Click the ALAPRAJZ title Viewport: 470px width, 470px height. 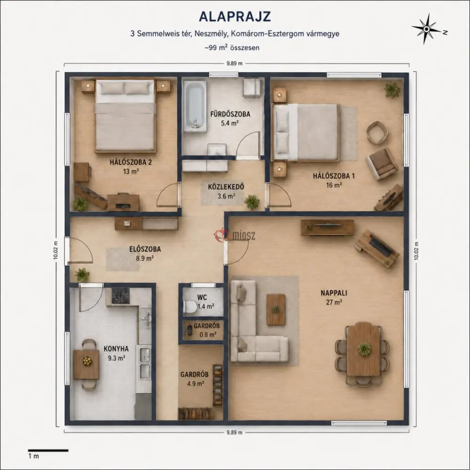click(235, 17)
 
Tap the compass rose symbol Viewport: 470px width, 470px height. click(427, 29)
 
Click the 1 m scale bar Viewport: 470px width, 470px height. click(48, 450)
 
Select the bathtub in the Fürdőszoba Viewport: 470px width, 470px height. click(195, 106)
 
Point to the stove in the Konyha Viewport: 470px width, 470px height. click(121, 296)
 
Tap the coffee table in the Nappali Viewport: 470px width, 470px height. click(276, 309)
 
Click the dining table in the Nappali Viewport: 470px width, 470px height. click(364, 349)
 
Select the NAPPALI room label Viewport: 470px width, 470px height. click(334, 293)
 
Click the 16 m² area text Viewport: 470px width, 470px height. click(334, 185)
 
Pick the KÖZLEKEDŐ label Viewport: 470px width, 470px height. click(226, 187)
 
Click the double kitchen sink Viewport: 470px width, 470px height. click(144, 363)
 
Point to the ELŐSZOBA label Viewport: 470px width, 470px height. click(145, 249)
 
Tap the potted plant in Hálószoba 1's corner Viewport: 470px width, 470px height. click(392, 89)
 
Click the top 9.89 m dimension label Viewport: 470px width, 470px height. click(235, 63)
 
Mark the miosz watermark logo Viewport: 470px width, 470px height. click(235, 235)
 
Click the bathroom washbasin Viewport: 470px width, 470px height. click(217, 149)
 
